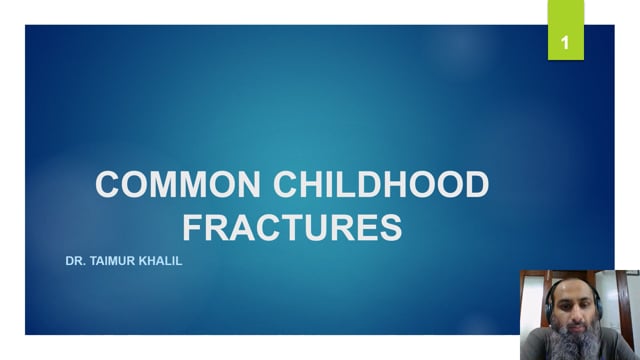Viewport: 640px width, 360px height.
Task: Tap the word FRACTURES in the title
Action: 293,227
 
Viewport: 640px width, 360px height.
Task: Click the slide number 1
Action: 566,43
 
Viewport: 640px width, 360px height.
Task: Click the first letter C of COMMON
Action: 108,186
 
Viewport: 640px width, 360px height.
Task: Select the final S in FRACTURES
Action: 389,227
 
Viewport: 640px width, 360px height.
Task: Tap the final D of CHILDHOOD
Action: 476,186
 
